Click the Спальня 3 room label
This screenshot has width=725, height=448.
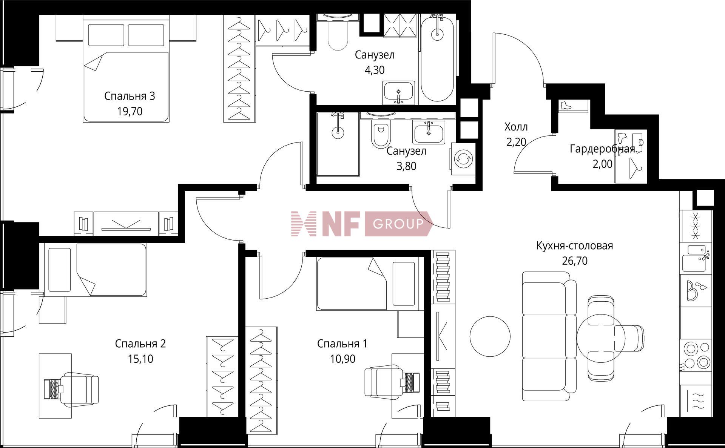[x=130, y=96]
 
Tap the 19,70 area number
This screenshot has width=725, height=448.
[x=130, y=111]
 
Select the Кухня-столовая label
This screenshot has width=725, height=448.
[x=575, y=246]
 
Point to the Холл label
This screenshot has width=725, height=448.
[x=516, y=127]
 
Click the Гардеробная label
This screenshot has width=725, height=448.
[x=602, y=149]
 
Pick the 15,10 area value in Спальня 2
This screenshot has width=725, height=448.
[x=140, y=359]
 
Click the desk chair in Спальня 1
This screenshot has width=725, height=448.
[x=381, y=382]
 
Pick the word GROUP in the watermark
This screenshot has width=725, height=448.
[x=398, y=224]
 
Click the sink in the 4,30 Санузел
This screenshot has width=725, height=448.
[x=399, y=92]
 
